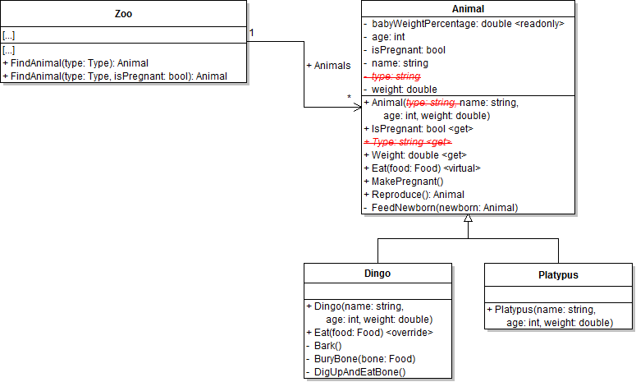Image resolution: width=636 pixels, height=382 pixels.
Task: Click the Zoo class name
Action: (123, 14)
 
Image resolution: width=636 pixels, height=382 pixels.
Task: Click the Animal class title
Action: (468, 7)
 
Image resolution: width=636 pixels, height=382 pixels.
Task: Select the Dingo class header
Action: (377, 273)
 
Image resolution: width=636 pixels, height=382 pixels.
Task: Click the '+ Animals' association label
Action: (328, 65)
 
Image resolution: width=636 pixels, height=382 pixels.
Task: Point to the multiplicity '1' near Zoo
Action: (252, 33)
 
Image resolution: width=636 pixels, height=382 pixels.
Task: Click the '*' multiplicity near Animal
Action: (350, 99)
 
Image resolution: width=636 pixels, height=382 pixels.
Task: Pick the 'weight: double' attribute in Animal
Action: (404, 90)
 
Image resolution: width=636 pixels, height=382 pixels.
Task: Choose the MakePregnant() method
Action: (406, 182)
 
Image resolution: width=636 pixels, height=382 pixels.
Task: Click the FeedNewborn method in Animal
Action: (444, 208)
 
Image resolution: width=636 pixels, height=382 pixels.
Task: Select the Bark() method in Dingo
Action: (329, 346)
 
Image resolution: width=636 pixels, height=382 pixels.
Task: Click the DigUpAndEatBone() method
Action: (359, 372)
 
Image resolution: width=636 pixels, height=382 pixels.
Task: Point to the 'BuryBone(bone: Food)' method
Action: (364, 359)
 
